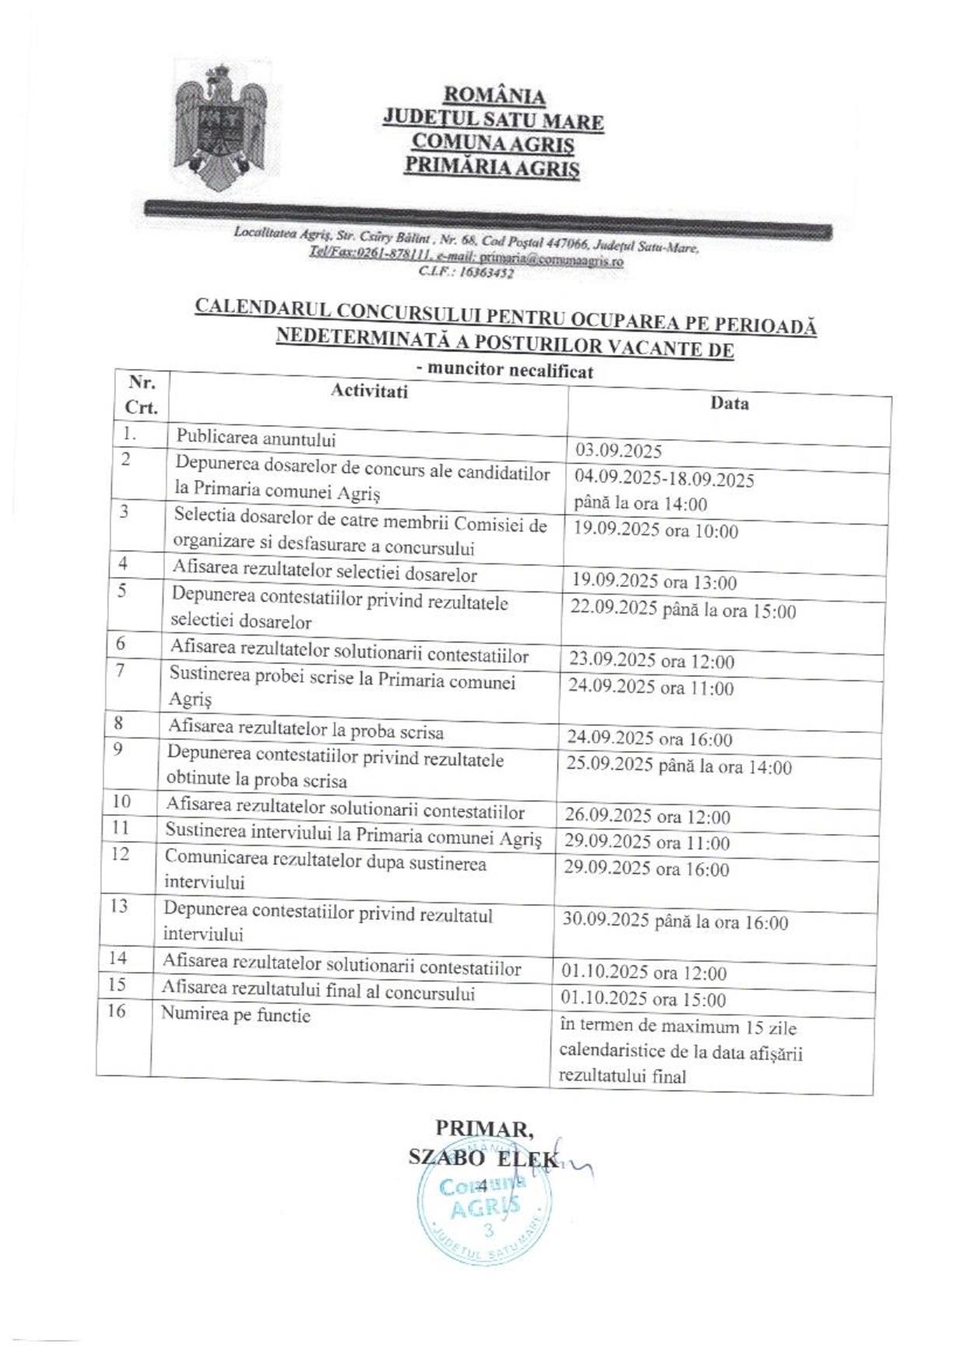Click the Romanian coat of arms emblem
click(220, 129)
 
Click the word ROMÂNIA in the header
click(494, 96)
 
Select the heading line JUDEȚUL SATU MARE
click(493, 120)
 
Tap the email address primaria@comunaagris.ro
click(551, 262)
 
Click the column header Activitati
click(369, 391)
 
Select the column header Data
click(729, 403)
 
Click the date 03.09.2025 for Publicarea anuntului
click(619, 451)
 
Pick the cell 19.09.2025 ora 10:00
click(655, 531)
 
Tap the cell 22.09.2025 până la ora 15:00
click(683, 610)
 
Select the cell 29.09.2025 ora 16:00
click(647, 869)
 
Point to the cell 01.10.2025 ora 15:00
click(644, 999)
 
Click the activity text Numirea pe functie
click(236, 1015)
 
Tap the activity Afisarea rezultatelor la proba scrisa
click(306, 731)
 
